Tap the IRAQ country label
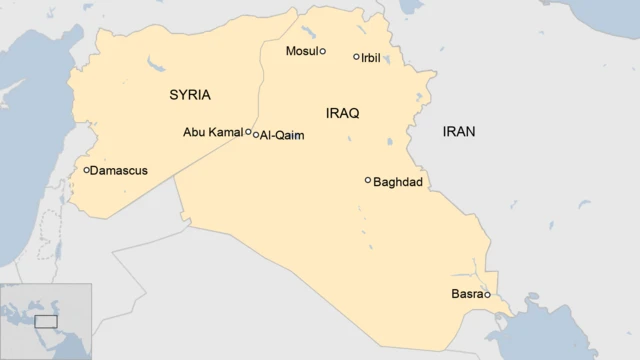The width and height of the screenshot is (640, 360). (x=342, y=113)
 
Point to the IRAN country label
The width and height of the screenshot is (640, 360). (x=459, y=131)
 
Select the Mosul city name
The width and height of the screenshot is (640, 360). (x=300, y=50)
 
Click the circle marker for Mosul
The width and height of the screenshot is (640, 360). (x=322, y=50)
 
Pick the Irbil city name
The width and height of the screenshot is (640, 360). (x=373, y=57)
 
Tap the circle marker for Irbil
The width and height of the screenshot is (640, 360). (x=356, y=56)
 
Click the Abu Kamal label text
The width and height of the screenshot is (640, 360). (x=212, y=132)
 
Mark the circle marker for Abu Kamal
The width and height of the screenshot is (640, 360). (x=248, y=131)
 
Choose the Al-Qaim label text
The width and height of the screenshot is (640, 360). (x=282, y=136)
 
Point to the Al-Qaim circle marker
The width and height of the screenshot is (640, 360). (x=256, y=135)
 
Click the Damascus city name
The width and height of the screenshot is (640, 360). (x=118, y=171)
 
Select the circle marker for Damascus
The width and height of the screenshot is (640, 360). (x=87, y=170)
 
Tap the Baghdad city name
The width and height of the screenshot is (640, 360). (x=397, y=182)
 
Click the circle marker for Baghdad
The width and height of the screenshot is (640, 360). (x=368, y=180)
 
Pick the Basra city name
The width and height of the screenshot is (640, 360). (x=466, y=294)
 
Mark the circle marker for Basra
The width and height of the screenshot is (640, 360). (x=487, y=294)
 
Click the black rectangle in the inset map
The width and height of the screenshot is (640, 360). (x=46, y=321)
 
